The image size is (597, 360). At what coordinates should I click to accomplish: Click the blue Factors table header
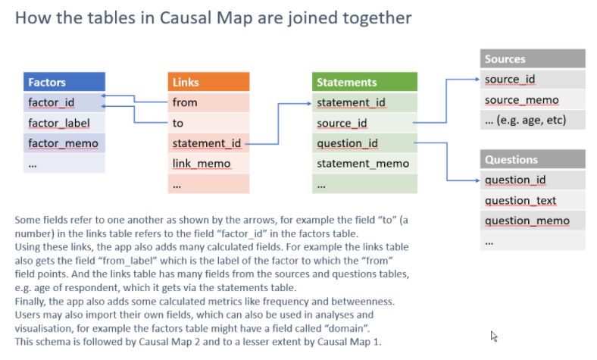[x=64, y=82]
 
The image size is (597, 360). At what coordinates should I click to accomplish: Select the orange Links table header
[x=208, y=82]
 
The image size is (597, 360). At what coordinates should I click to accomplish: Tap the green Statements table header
[x=364, y=82]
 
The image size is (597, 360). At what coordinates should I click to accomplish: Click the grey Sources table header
[x=532, y=59]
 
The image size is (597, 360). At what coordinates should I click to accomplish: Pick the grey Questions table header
[x=532, y=160]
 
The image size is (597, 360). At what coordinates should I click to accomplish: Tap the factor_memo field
[x=63, y=142]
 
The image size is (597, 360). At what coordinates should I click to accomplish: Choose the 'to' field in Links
[x=178, y=123]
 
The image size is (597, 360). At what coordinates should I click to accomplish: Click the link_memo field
[x=202, y=163]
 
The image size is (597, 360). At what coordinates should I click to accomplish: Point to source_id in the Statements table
[x=342, y=123]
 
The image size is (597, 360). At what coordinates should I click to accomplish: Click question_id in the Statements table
[x=348, y=142]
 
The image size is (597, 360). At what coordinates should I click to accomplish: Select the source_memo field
[x=521, y=99]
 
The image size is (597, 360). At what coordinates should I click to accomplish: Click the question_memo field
[x=526, y=221]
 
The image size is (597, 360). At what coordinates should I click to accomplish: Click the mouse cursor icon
[x=494, y=336]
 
